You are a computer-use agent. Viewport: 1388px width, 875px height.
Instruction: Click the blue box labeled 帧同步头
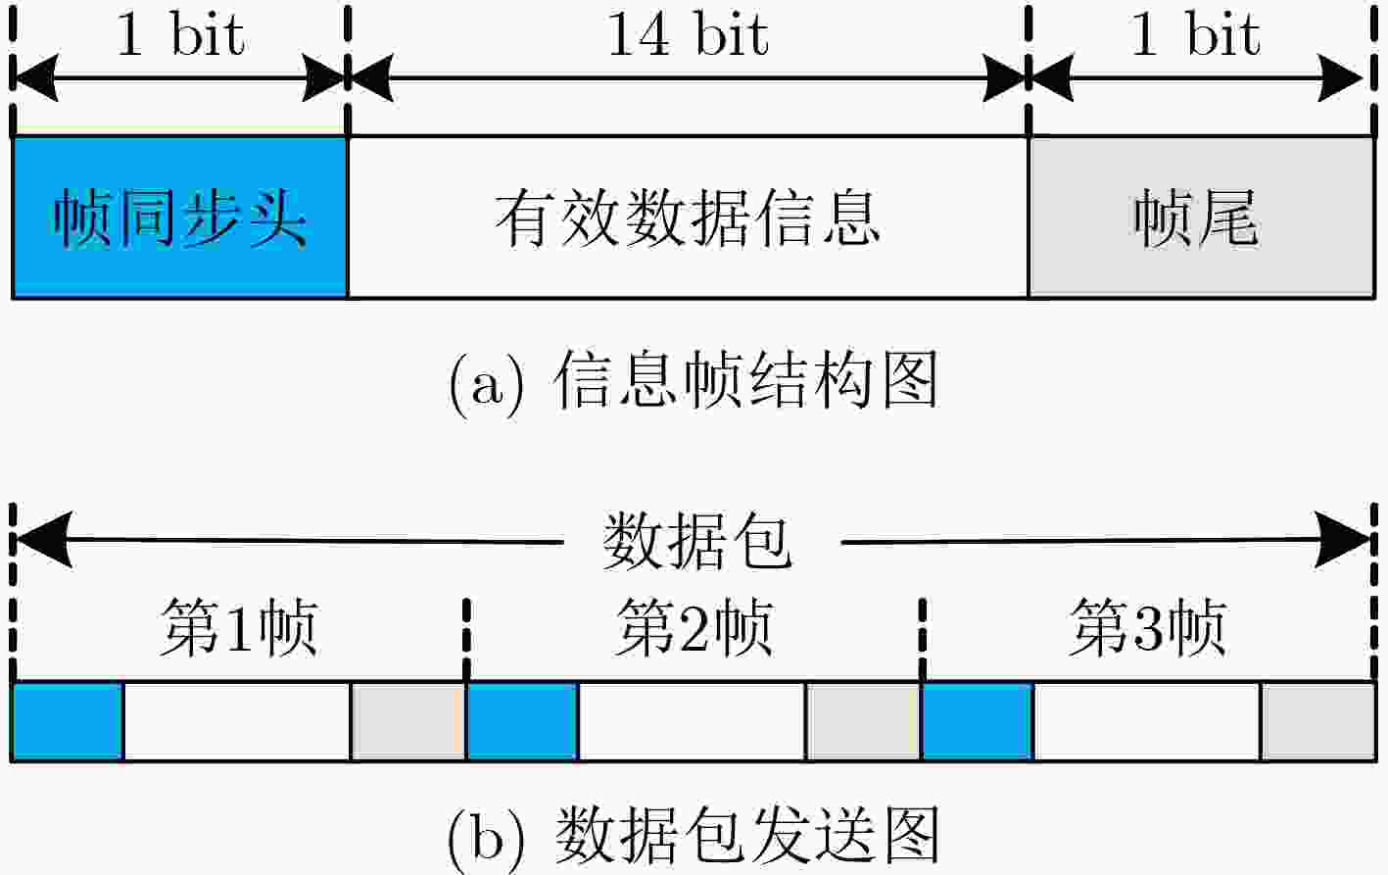pyautogui.click(x=179, y=217)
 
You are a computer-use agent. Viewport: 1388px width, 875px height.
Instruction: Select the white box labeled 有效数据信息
pyautogui.click(x=688, y=217)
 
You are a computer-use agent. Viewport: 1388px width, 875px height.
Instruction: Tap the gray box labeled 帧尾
pyautogui.click(x=1202, y=217)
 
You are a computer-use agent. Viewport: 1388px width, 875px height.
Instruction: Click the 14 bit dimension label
pyautogui.click(x=688, y=34)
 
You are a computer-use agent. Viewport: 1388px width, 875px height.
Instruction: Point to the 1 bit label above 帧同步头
pyautogui.click(x=180, y=34)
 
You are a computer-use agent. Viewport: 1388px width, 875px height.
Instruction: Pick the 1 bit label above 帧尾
pyautogui.click(x=1196, y=34)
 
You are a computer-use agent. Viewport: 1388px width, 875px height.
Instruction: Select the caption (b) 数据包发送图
pyautogui.click(x=693, y=837)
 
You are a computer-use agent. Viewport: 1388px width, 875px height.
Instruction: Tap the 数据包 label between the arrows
pyautogui.click(x=697, y=541)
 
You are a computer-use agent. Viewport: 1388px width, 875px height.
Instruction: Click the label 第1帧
pyautogui.click(x=239, y=627)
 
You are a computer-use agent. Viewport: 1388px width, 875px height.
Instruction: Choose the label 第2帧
pyautogui.click(x=694, y=627)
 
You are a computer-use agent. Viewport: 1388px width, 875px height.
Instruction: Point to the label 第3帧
pyautogui.click(x=1148, y=627)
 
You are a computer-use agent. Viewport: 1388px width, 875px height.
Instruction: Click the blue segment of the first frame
pyautogui.click(x=68, y=721)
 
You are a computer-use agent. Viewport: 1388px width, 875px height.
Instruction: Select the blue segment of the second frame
pyautogui.click(x=522, y=721)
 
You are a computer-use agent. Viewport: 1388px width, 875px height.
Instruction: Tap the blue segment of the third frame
pyautogui.click(x=978, y=721)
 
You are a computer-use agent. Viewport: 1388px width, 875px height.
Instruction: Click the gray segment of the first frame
pyautogui.click(x=407, y=721)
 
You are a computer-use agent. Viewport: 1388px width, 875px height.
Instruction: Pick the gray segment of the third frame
pyautogui.click(x=1318, y=721)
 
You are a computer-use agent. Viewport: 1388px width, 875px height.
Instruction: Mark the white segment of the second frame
pyautogui.click(x=693, y=721)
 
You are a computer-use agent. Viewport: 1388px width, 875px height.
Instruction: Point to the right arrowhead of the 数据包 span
pyautogui.click(x=1342, y=540)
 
